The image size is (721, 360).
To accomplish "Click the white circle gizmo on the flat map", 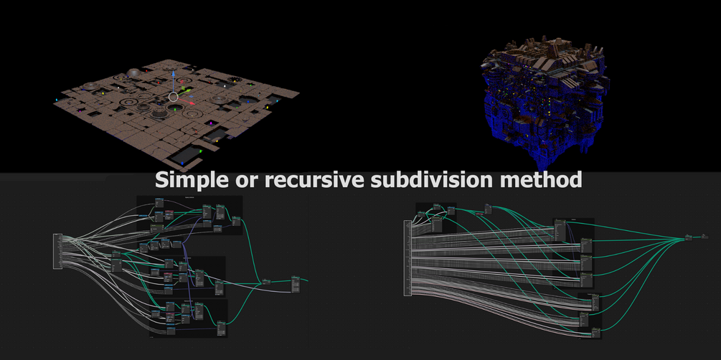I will click(173, 97).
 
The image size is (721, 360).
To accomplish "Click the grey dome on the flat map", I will click(133, 72).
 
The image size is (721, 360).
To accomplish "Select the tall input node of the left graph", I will click(57, 251).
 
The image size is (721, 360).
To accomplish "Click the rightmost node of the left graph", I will click(296, 282).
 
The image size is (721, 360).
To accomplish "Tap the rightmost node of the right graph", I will click(707, 235).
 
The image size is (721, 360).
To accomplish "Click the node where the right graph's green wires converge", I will click(689, 237).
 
